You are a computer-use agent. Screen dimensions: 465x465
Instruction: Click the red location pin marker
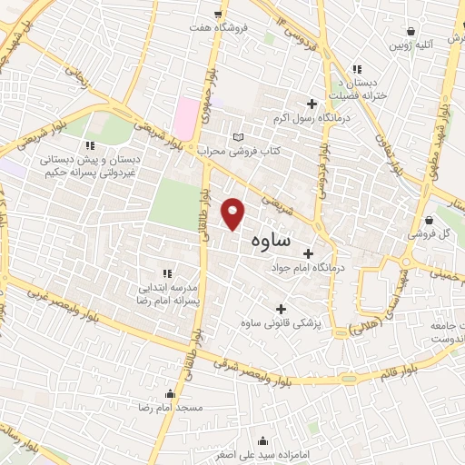[x=234, y=213]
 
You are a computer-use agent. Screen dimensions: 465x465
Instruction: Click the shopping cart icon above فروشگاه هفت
[x=217, y=14]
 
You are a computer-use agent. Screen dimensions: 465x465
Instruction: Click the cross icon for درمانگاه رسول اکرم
[x=312, y=104]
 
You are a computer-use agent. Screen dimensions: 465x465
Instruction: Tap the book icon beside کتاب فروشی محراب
[x=239, y=136]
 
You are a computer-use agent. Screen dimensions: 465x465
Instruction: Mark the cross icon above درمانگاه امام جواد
[x=308, y=253]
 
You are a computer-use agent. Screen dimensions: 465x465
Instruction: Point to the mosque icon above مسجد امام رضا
[x=170, y=394]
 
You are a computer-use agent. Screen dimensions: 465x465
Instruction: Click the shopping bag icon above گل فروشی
[x=429, y=219]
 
